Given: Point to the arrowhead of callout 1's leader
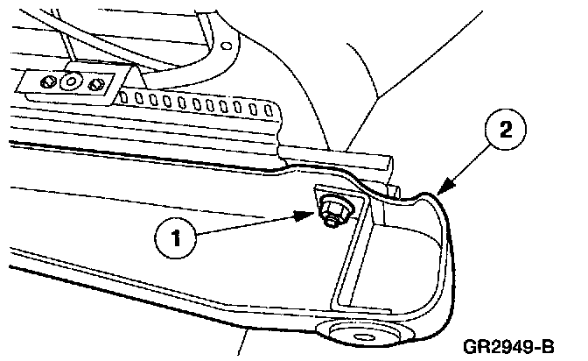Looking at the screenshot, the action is click(311, 213).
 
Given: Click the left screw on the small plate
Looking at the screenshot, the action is click(52, 81).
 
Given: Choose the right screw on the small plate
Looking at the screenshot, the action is click(96, 84).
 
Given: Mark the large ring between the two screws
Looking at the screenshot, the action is click(73, 83).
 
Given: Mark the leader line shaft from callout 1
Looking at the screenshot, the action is click(254, 223).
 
